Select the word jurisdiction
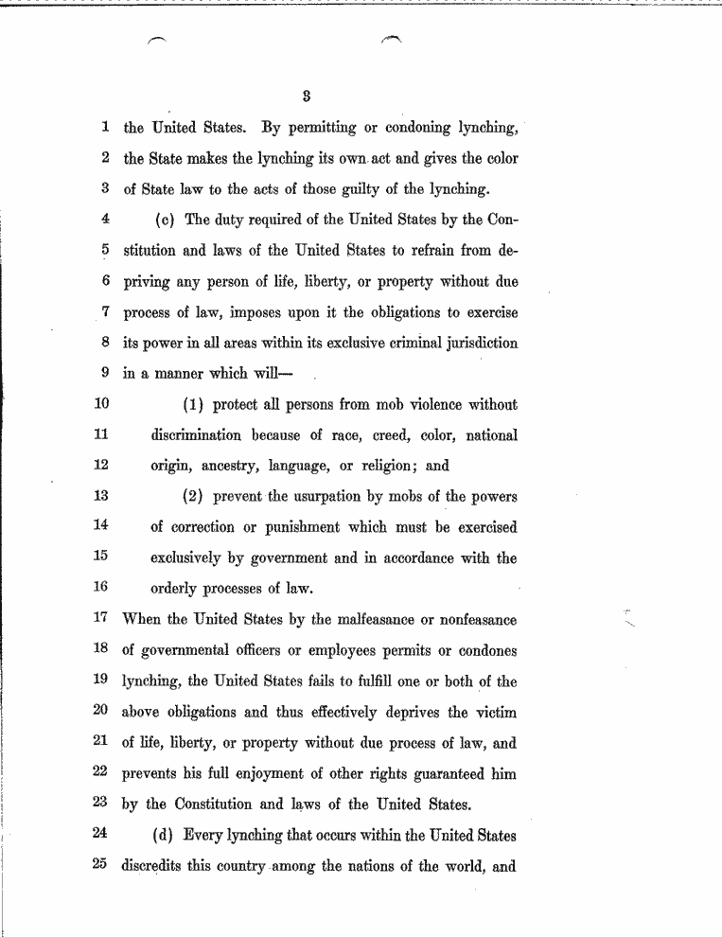coord(476,343)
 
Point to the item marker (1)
coord(195,404)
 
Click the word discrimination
coord(195,434)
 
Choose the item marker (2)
coord(195,496)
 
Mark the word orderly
coord(179,588)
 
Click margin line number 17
coord(103,619)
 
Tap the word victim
coord(494,712)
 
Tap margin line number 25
coord(103,865)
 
